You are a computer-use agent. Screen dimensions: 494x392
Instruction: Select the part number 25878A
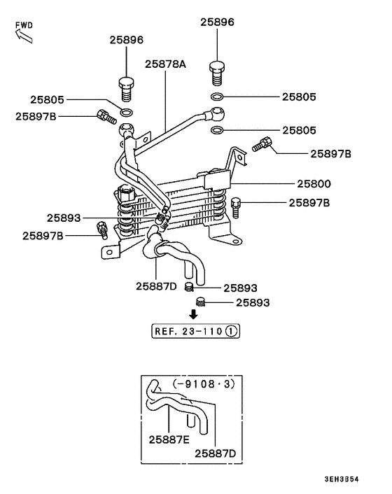pyautogui.click(x=165, y=64)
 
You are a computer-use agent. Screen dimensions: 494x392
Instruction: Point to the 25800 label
pyautogui.click(x=314, y=184)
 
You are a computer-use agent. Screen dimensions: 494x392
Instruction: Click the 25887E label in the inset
pyautogui.click(x=169, y=439)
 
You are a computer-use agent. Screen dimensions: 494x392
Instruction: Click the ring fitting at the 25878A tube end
pyautogui.click(x=218, y=112)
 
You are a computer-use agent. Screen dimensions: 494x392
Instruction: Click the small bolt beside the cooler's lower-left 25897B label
pyautogui.click(x=102, y=228)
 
